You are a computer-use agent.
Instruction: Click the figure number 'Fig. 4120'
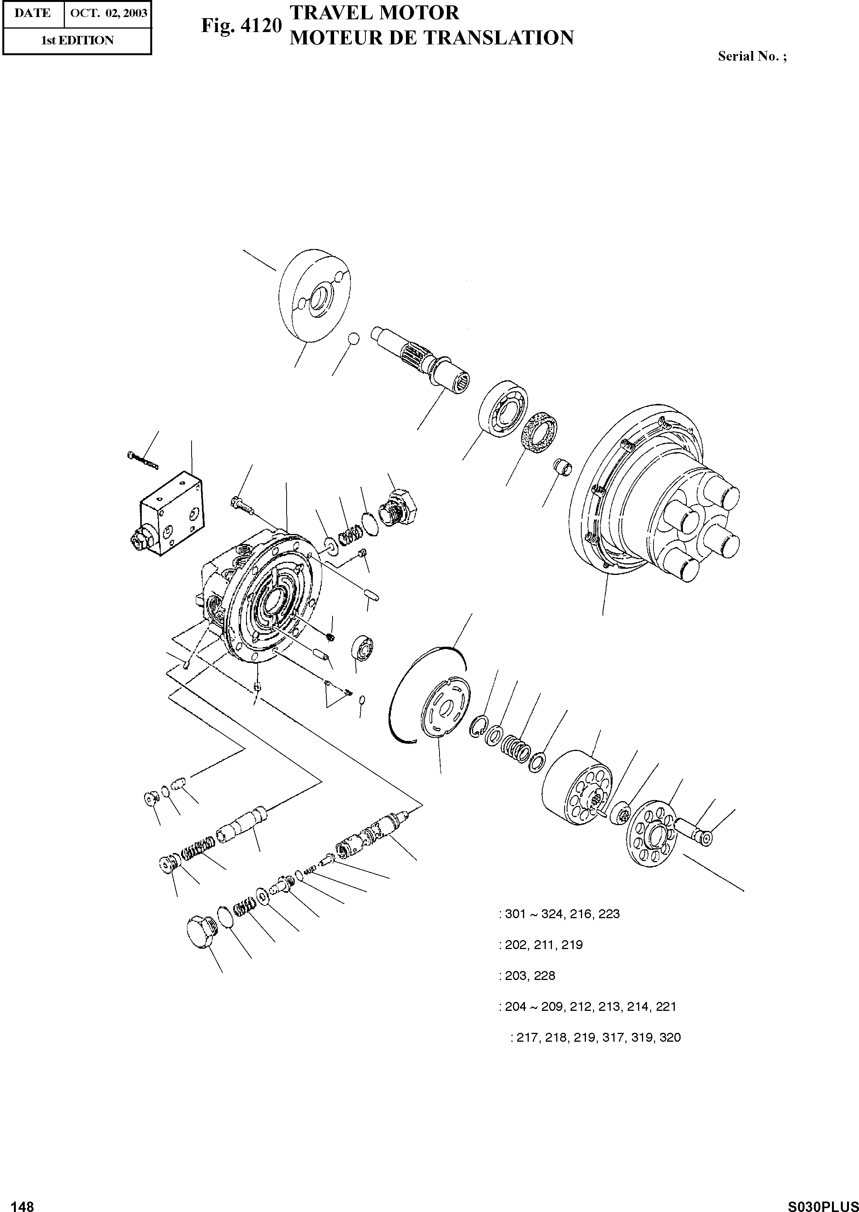240,26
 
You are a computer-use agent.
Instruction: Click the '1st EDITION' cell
77,40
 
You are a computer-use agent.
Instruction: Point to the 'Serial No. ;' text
752,57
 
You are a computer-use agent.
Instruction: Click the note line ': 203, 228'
527,976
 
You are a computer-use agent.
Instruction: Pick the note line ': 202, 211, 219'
541,945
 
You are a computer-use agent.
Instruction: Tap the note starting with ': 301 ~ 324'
559,914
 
